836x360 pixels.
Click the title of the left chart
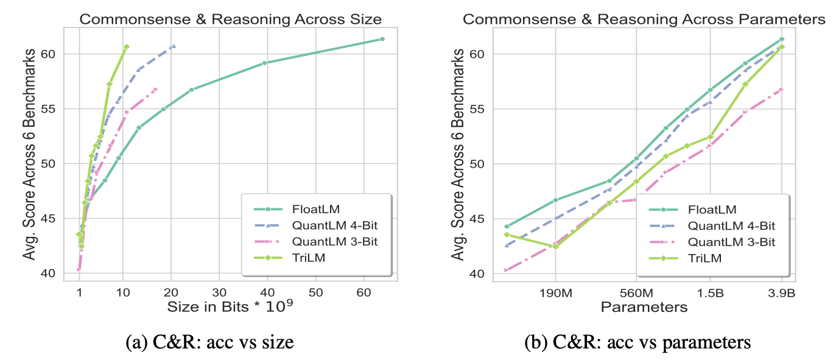tap(231, 19)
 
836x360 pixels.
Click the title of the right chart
tap(644, 19)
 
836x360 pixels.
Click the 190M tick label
tap(556, 292)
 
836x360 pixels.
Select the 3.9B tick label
tap(782, 292)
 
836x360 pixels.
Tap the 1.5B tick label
tap(710, 292)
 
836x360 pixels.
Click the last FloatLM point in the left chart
tap(382, 39)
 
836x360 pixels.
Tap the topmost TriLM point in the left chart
tap(126, 46)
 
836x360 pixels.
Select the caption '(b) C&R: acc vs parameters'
tap(637, 343)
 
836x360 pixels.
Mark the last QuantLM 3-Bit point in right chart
tap(781, 90)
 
